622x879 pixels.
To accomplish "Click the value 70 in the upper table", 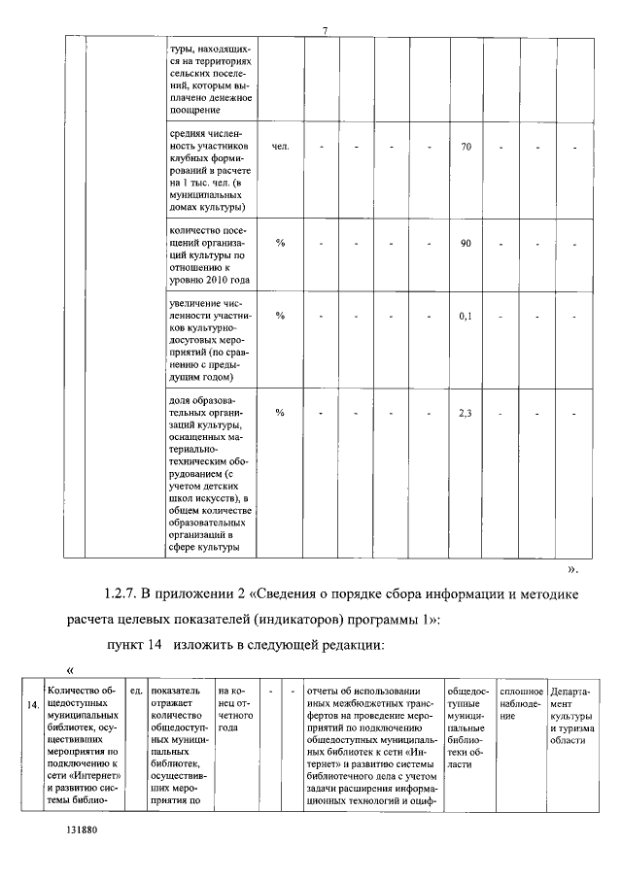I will tap(466, 147).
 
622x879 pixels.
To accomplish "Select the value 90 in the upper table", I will tap(466, 242).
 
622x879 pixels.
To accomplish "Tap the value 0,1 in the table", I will tap(466, 316).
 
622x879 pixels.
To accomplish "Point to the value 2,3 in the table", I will tap(466, 413).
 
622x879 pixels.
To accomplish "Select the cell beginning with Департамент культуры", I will tap(572, 715).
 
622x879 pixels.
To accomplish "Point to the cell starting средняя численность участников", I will tap(210, 171).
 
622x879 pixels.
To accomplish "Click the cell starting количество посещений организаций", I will tap(210, 254).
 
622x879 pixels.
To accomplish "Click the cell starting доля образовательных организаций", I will tap(210, 475).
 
